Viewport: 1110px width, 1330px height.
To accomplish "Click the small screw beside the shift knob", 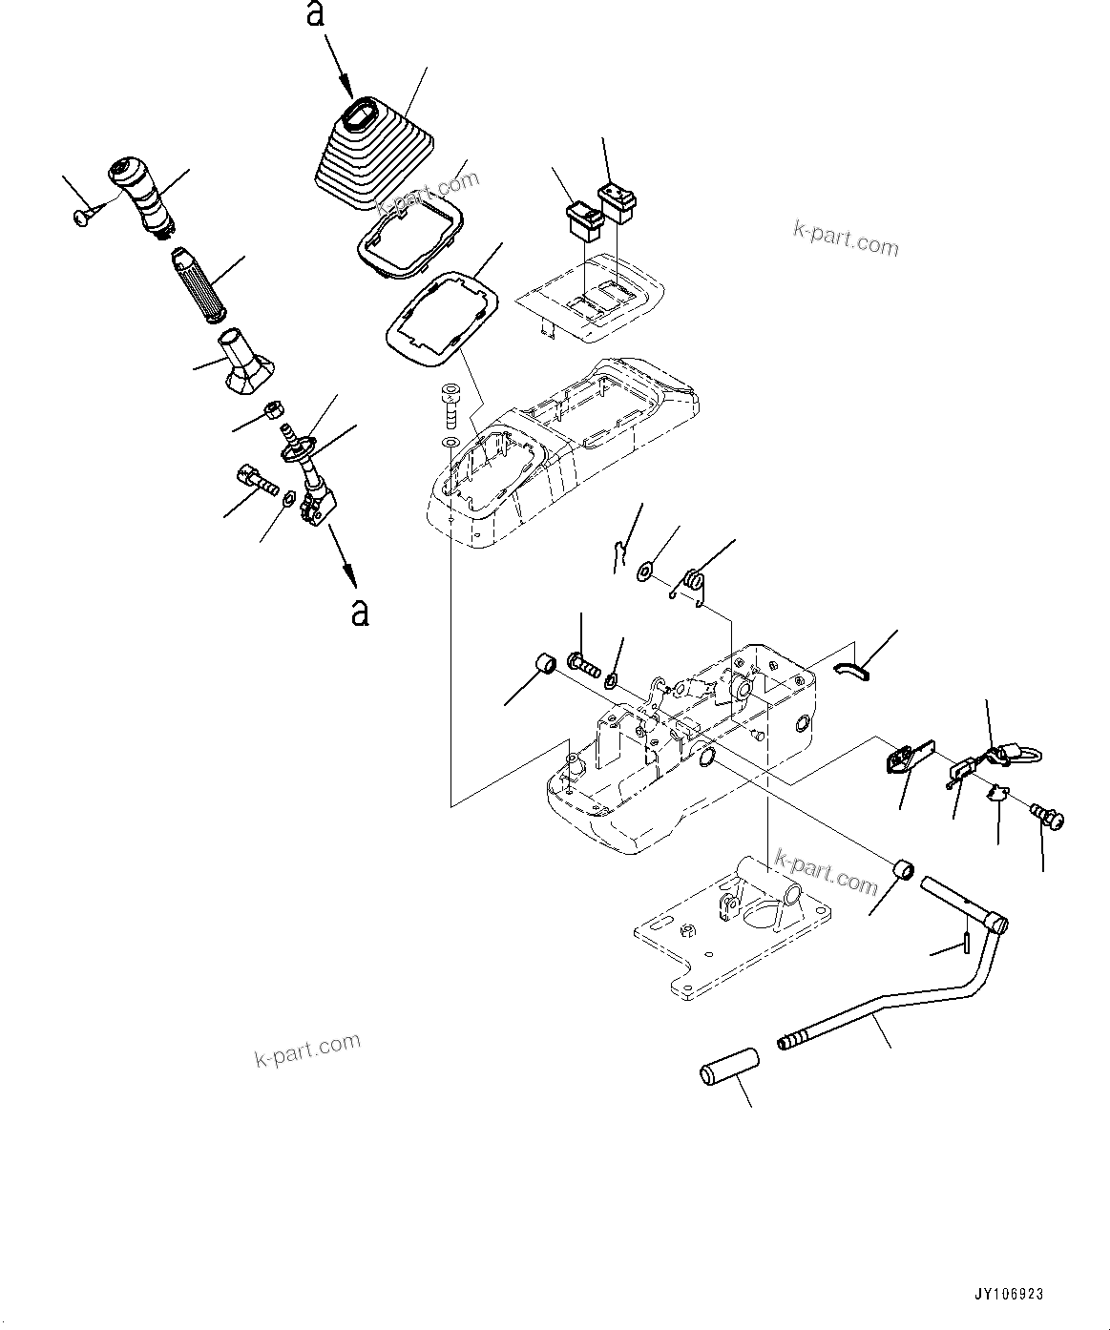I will tap(80, 218).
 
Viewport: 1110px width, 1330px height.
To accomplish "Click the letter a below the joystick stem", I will tap(359, 612).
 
